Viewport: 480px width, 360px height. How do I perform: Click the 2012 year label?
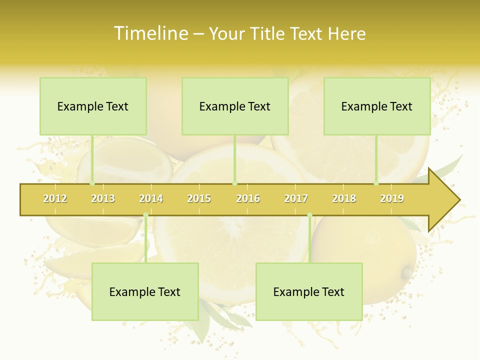pyautogui.click(x=55, y=198)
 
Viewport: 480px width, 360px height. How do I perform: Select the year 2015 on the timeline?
pyautogui.click(x=199, y=198)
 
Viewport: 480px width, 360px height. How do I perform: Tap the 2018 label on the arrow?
pyautogui.click(x=344, y=198)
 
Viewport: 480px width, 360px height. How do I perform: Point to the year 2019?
pyautogui.click(x=392, y=198)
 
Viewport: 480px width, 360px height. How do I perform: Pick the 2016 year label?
pyautogui.click(x=248, y=198)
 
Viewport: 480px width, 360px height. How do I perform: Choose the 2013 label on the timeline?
pyautogui.click(x=103, y=198)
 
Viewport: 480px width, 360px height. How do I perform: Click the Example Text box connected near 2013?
pyautogui.click(x=93, y=106)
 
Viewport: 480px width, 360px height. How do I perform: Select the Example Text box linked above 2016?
pyautogui.click(x=235, y=106)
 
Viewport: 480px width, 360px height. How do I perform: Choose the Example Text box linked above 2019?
pyautogui.click(x=377, y=106)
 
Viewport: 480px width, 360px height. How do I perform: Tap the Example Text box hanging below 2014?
pyautogui.click(x=145, y=291)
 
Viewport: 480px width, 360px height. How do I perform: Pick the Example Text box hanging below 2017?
pyautogui.click(x=309, y=291)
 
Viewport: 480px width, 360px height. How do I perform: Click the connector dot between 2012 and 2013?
pyautogui.click(x=92, y=183)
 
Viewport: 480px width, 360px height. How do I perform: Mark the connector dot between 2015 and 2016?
pyautogui.click(x=235, y=183)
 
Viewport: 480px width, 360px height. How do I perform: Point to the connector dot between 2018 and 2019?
pyautogui.click(x=376, y=183)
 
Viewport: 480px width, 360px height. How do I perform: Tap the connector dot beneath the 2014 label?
pyautogui.click(x=145, y=215)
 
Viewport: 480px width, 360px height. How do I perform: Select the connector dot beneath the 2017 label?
pyautogui.click(x=309, y=215)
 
